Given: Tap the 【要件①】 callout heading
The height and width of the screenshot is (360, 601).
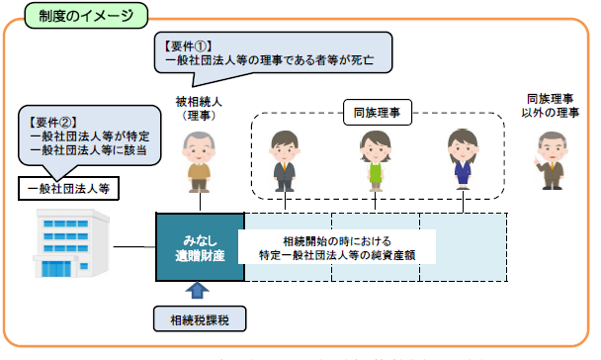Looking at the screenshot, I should (188, 45).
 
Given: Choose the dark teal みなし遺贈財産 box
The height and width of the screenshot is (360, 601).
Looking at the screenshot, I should (200, 248).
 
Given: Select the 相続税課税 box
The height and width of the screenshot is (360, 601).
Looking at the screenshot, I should (199, 320).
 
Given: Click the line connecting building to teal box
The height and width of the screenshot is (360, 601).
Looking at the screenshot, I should (134, 246).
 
